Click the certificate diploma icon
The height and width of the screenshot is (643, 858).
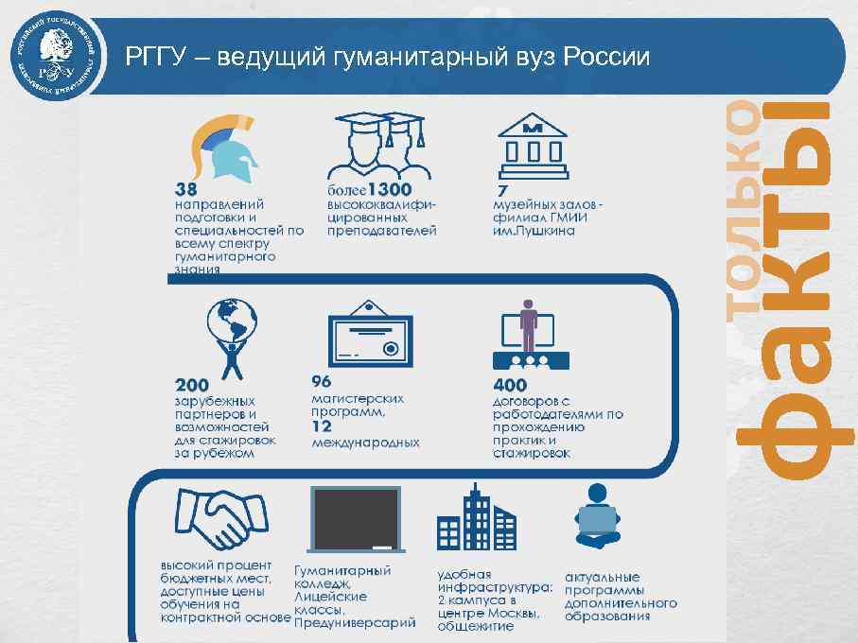tap(368, 336)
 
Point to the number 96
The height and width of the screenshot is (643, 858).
tap(323, 383)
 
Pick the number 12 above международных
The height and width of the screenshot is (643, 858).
tap(323, 426)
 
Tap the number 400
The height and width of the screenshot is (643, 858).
tap(510, 386)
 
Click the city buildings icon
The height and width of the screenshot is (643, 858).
tap(477, 519)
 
